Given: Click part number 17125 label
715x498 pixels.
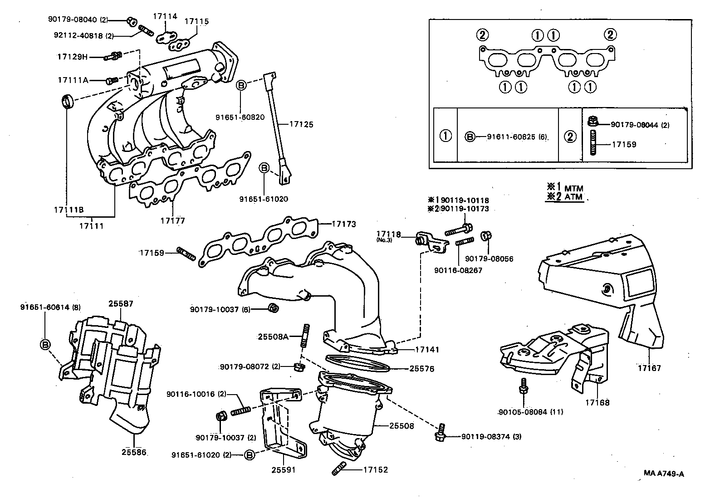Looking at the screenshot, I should (x=301, y=124).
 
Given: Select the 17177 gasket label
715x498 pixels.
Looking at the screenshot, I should (x=172, y=221).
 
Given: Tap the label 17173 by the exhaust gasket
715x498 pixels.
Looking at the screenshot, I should (x=343, y=224).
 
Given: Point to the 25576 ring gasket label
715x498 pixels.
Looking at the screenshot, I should (x=421, y=369).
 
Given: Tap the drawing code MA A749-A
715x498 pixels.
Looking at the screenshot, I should (x=663, y=474).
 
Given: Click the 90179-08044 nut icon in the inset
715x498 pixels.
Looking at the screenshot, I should (x=592, y=122).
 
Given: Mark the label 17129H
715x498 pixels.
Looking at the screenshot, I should (x=72, y=57).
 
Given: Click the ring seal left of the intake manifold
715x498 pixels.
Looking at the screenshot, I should (x=67, y=101).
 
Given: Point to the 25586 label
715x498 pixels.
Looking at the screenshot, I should (x=134, y=452).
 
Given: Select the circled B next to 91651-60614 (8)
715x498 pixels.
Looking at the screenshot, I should (x=45, y=345).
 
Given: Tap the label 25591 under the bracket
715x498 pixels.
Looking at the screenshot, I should (x=284, y=470).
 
